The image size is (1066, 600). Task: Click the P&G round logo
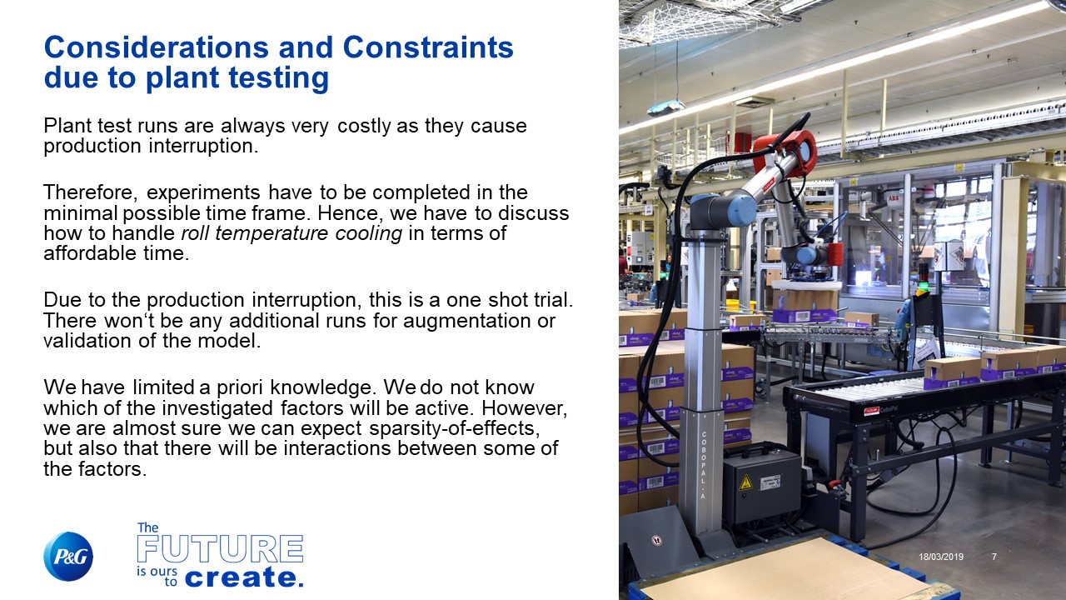[x=68, y=556]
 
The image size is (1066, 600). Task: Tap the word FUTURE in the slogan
[x=220, y=549]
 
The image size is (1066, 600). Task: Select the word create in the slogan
[x=241, y=577]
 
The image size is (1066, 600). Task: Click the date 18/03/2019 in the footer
[x=941, y=556]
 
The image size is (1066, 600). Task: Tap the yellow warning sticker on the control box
[x=745, y=482]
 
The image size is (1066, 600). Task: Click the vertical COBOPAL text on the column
[x=704, y=465]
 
